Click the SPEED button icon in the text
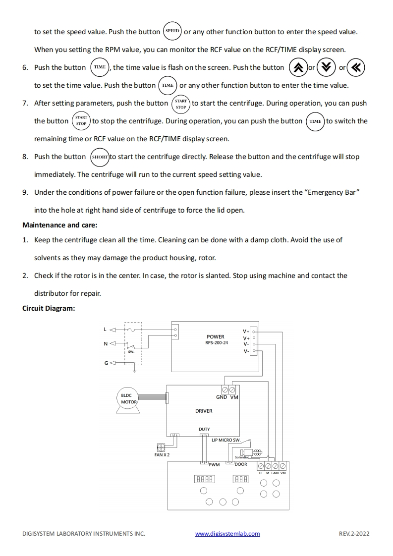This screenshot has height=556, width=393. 172,31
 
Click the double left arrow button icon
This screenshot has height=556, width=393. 356,68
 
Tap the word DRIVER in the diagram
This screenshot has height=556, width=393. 204,411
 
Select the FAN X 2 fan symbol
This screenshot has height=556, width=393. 161,446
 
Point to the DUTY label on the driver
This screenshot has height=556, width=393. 204,429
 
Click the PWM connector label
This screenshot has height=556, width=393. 214,465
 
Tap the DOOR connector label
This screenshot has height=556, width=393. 241,464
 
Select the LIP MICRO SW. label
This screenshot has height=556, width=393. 226,440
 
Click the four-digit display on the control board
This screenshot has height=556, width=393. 204,479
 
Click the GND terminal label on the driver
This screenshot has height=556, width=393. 222,397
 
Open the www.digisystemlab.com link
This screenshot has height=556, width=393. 227,534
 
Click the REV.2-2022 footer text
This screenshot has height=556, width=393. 354,534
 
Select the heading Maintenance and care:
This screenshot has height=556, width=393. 59,225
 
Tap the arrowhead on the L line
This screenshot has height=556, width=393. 112,329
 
